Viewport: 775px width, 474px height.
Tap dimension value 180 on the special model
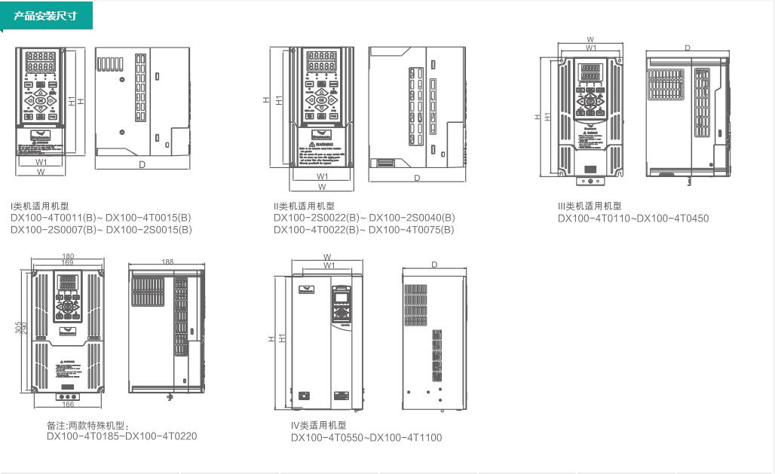click(x=68, y=257)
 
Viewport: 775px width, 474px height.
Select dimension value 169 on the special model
click(x=68, y=264)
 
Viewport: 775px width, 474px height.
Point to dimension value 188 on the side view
click(x=167, y=261)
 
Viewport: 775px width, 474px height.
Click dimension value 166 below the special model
click(x=68, y=405)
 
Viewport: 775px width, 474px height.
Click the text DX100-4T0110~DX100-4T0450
click(x=633, y=219)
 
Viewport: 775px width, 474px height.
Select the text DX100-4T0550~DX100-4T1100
click(x=366, y=437)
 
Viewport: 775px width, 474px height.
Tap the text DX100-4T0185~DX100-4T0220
click(x=122, y=436)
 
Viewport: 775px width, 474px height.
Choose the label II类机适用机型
click(x=305, y=206)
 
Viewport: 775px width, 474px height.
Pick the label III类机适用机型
click(x=590, y=206)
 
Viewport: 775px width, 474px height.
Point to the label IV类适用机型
click(x=319, y=425)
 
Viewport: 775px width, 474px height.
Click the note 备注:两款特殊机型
click(x=88, y=425)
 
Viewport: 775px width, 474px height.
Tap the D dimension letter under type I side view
click(x=142, y=164)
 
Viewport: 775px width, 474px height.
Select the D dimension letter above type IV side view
click(x=434, y=265)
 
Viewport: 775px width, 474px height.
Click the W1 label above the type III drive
click(x=591, y=47)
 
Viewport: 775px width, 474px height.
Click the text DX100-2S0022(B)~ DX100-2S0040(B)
click(x=364, y=218)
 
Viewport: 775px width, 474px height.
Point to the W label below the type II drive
click(x=322, y=186)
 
